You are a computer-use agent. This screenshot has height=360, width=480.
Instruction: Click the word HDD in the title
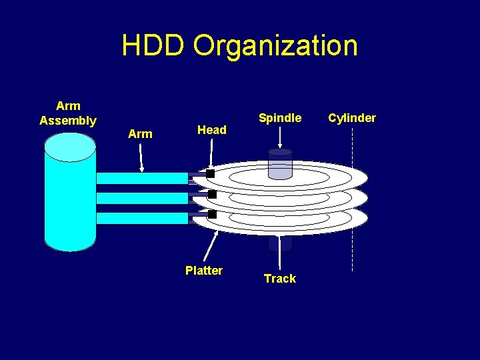coord(154,45)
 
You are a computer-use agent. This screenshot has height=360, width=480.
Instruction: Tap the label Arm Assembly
coord(68,113)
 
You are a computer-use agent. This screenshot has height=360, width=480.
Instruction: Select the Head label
coord(212,130)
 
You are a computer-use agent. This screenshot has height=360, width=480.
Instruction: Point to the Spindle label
coord(280,118)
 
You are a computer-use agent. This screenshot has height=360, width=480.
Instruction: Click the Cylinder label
coord(352,118)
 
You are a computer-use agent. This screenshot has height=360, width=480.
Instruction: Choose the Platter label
coord(204,270)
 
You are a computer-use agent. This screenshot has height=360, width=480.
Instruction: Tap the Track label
coord(280,279)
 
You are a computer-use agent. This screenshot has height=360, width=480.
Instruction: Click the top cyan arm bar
coord(142,178)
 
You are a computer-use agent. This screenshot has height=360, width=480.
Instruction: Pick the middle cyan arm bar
coord(142,198)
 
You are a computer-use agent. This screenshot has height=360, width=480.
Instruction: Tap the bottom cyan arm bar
coord(142,218)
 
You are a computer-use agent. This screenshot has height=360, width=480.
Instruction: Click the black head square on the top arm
coord(210,173)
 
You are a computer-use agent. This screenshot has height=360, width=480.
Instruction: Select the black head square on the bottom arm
coord(212,214)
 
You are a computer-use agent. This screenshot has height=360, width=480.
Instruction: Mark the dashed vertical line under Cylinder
coord(352,200)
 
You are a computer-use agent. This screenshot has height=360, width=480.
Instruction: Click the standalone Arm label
coord(140,134)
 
